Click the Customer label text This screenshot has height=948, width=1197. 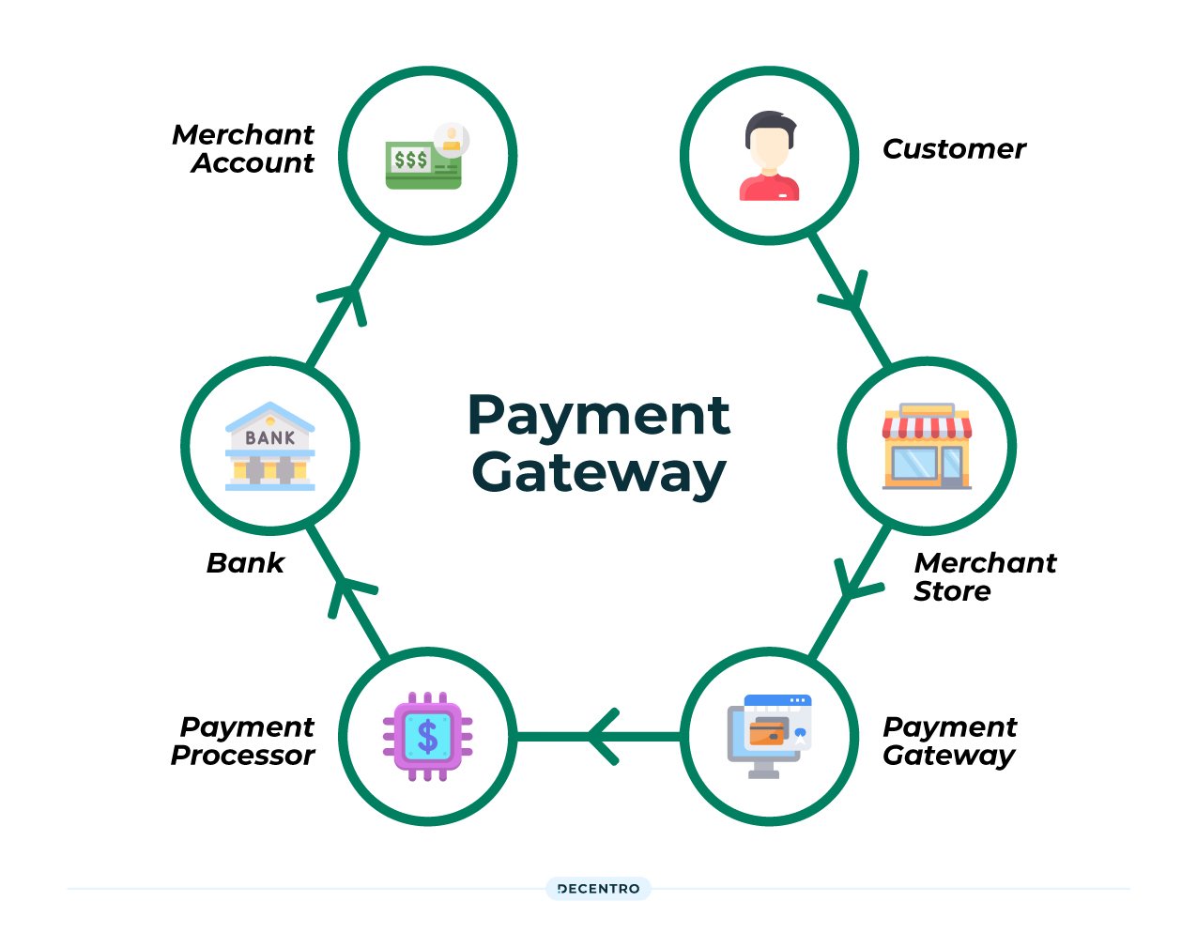pos(954,149)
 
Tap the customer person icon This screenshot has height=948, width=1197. pos(769,156)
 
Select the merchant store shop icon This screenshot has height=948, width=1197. pos(927,447)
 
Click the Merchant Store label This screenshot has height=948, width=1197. pos(984,576)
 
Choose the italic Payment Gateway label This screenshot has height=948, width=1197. pos(949,741)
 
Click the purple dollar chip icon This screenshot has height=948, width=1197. pos(428,737)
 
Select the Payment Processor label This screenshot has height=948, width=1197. pos(244,741)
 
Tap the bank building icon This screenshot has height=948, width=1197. pos(270,447)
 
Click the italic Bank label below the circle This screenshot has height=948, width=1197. pos(245,563)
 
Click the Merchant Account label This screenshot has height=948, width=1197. pos(244,148)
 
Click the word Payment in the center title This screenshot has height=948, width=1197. pos(599,415)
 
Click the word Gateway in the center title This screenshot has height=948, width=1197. pos(599,473)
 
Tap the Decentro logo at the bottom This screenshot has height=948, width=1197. pos(598,889)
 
